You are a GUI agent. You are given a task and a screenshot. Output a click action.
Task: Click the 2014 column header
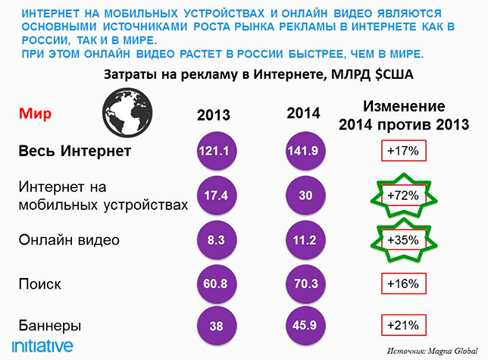(304, 114)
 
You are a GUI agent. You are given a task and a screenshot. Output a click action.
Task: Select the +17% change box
(402, 152)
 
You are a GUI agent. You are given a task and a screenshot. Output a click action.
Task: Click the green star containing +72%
(403, 196)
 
